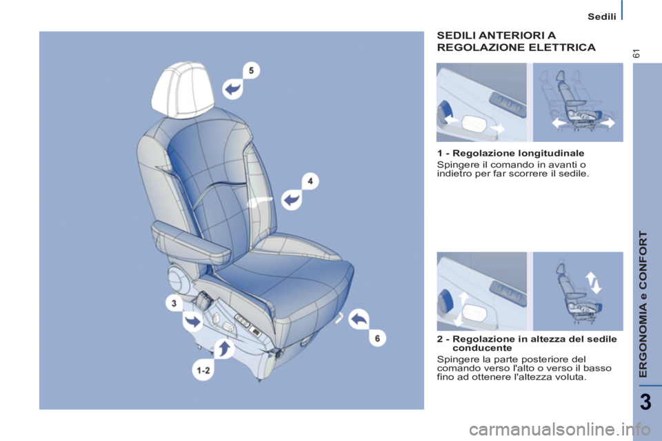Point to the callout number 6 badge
(x=377, y=338)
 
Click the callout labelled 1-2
(x=203, y=370)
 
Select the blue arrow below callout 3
(x=192, y=321)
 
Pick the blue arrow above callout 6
(x=359, y=319)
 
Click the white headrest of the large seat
(x=183, y=89)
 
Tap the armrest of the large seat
(x=191, y=236)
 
